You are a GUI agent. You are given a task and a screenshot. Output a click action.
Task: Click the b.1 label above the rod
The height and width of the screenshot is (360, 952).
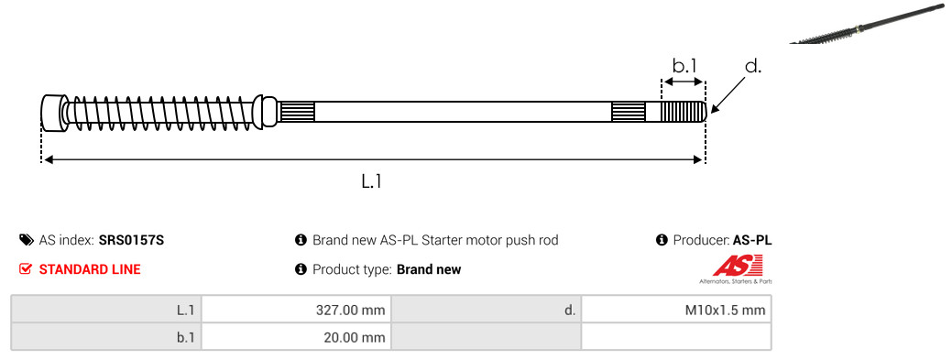point(684,66)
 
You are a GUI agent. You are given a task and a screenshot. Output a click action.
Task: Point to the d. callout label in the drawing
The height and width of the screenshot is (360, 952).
point(753,66)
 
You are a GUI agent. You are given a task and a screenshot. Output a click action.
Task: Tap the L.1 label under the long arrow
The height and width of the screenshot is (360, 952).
point(371,180)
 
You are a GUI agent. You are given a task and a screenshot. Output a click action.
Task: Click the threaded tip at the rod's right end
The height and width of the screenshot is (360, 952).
point(683,112)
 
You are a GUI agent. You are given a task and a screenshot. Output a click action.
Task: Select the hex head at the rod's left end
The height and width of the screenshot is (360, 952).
point(53,112)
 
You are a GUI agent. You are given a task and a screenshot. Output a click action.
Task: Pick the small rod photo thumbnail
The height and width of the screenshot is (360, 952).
point(870,23)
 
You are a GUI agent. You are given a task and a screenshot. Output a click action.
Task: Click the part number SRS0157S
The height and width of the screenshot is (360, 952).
point(131,240)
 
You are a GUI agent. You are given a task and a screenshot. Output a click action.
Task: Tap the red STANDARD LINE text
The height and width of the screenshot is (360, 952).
point(90,269)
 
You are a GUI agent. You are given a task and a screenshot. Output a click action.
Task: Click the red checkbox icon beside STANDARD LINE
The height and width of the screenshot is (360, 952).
point(25,269)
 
